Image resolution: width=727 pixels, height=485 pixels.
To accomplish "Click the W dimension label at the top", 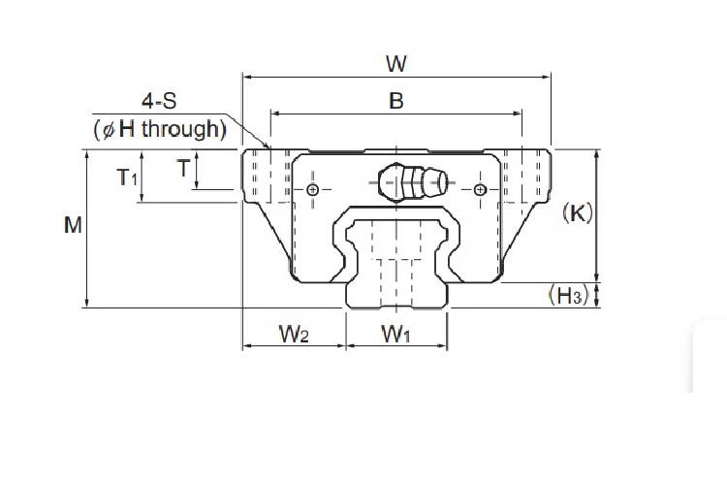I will pos(395,64).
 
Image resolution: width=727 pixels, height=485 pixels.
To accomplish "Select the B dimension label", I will pos(395,100).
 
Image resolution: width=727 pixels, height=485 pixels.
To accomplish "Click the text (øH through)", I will pos(160,127).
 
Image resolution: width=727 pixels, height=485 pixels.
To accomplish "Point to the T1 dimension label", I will pos(128,177).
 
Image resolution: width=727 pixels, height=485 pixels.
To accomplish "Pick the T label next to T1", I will pos(182,168).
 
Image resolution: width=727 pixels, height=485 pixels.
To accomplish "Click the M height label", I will pos(72,225).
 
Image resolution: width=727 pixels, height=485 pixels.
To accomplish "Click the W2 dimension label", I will pos(294,335).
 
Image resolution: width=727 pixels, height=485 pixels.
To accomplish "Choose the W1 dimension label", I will pos(395,335).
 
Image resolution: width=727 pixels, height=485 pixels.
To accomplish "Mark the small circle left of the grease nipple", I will pos(312,189).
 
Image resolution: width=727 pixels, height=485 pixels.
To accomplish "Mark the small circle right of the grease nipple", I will pos(480,189).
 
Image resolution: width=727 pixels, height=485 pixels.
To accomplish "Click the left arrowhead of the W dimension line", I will pos(246,76).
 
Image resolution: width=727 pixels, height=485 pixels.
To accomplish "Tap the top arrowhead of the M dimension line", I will pos(88,153).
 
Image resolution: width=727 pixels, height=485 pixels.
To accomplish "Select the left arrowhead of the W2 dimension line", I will pos(246,346).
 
